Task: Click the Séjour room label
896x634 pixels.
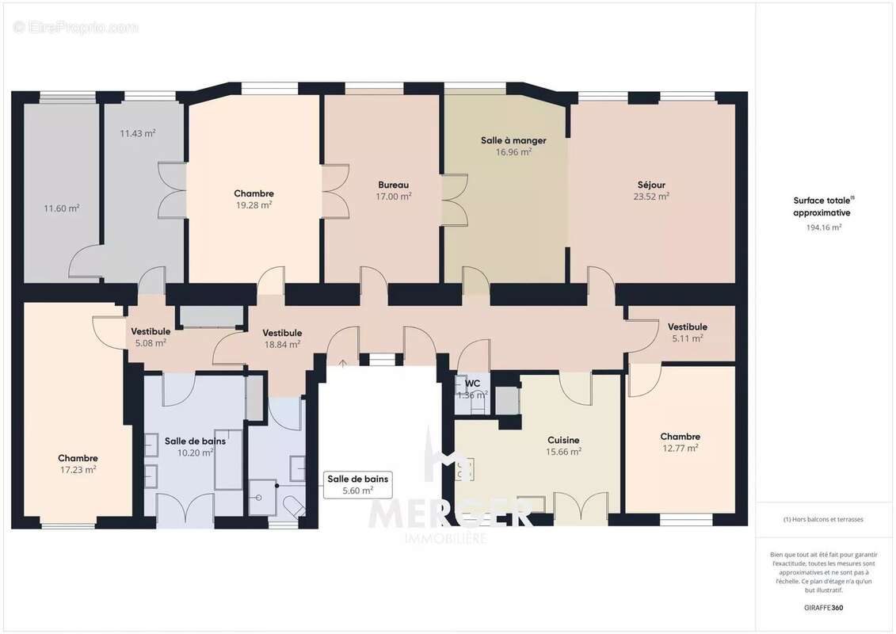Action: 651,185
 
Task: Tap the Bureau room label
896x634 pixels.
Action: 394,185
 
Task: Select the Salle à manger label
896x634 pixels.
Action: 513,140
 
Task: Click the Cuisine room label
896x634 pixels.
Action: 564,440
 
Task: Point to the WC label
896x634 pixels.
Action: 463,382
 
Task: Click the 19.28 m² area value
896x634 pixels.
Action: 254,204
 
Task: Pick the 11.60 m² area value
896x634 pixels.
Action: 61,208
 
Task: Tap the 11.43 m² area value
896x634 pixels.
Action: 137,133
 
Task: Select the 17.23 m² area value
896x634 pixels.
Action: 78,469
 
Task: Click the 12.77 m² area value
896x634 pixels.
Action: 680,448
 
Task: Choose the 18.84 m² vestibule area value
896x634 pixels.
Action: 282,344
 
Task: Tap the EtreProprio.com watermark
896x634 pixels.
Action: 76,27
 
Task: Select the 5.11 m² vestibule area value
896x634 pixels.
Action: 687,338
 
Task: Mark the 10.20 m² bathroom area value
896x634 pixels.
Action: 195,453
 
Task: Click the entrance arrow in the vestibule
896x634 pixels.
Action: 343,364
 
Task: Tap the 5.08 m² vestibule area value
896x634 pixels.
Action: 149,343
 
